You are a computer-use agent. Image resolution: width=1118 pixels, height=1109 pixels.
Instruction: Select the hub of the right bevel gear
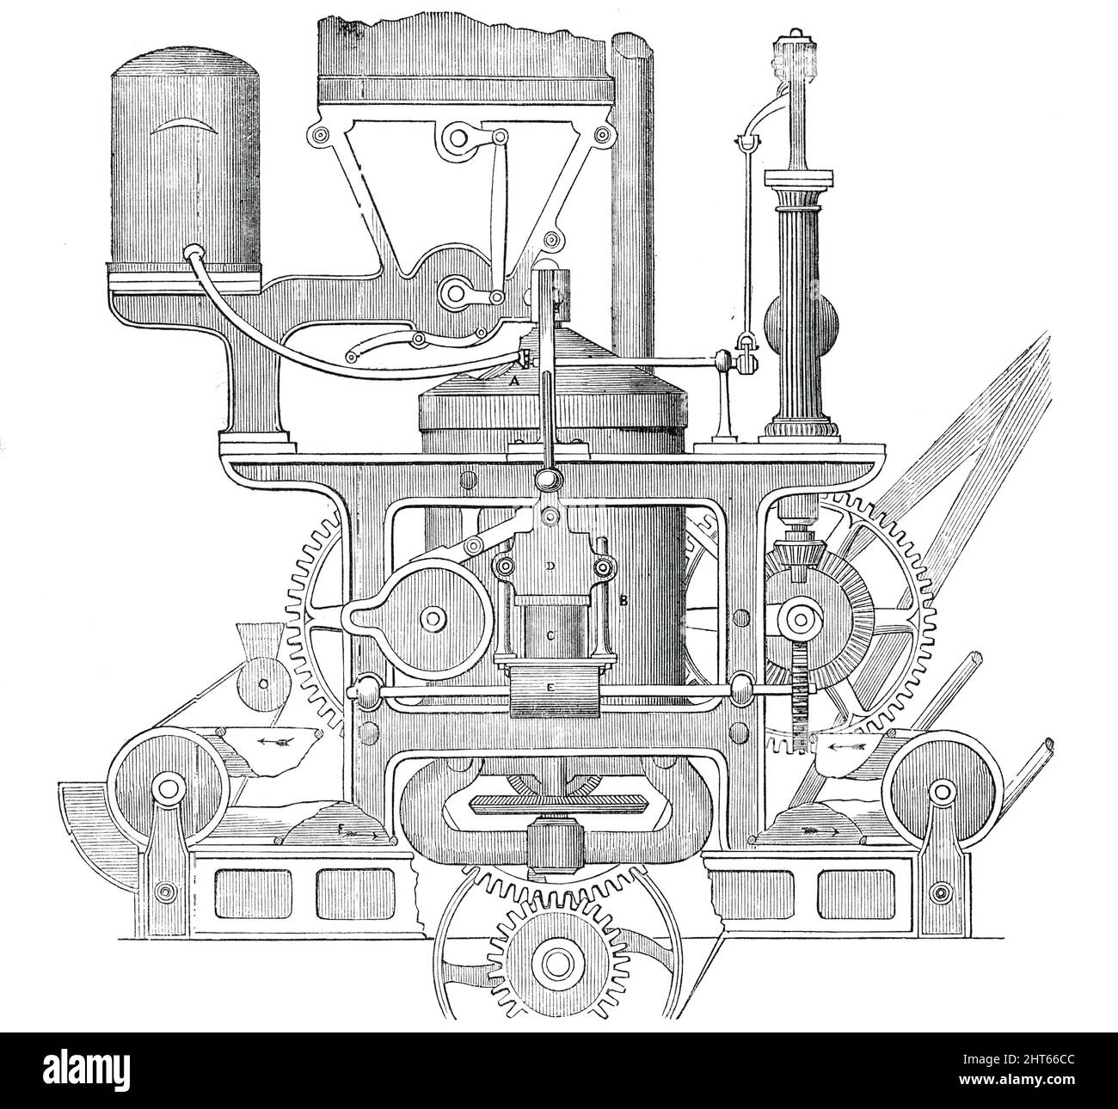pos(802,618)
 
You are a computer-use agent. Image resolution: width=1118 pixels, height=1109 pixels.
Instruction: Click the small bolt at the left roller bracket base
pos(167,888)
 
